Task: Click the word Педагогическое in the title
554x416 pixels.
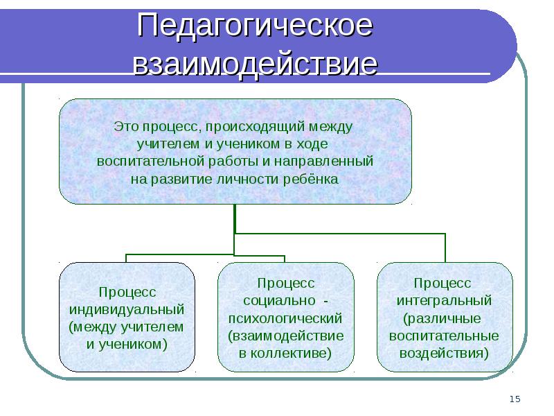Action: tap(255, 26)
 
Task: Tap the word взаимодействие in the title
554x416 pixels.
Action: tap(255, 64)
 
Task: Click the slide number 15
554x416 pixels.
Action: tap(515, 399)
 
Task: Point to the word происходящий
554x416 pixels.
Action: tap(255, 128)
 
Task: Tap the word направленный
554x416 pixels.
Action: tap(323, 162)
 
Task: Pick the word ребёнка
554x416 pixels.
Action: tap(310, 179)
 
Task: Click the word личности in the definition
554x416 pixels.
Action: tap(248, 179)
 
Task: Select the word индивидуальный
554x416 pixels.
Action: tap(127, 309)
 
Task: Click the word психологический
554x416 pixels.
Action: tap(285, 318)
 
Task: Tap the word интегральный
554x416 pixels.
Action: tap(444, 301)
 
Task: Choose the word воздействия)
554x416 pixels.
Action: tap(444, 353)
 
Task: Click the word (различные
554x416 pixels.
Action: tap(442, 318)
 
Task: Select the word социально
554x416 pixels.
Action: tap(279, 301)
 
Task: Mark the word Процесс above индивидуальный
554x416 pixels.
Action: tap(127, 292)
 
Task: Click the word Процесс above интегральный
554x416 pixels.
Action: tap(443, 283)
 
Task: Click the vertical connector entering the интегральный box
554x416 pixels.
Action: tap(445, 248)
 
